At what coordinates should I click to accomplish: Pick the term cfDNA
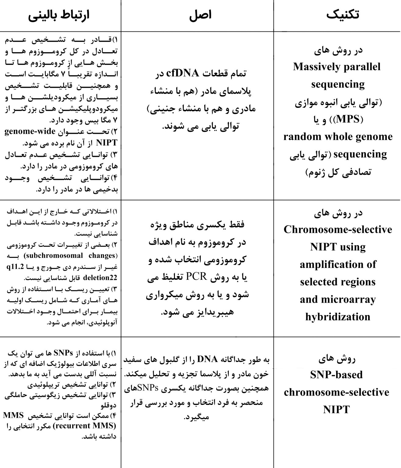(183, 73)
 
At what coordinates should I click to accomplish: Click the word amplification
(338, 264)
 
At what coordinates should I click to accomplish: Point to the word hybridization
(338, 317)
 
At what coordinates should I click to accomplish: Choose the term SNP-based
(336, 374)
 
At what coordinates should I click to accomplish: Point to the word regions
(356, 282)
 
